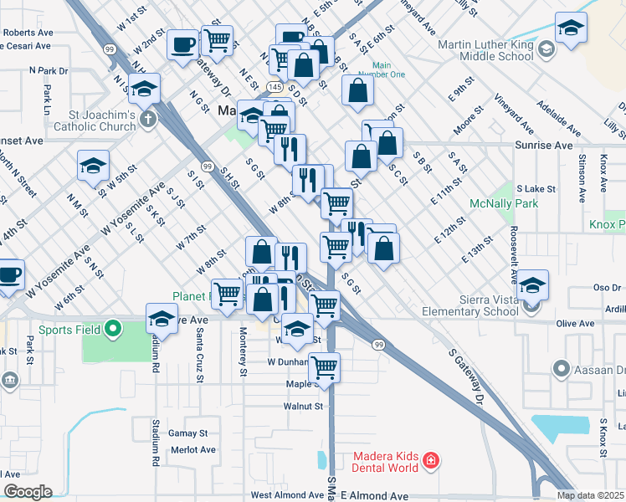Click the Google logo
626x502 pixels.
click(28, 492)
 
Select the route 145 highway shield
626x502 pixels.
click(274, 86)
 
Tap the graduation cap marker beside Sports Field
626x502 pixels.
click(162, 319)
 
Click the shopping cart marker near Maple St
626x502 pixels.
click(324, 366)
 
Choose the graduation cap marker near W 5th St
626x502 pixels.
click(93, 165)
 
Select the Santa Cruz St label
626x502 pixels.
click(199, 354)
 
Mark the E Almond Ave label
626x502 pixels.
click(374, 495)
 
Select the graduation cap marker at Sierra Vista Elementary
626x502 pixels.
click(532, 285)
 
